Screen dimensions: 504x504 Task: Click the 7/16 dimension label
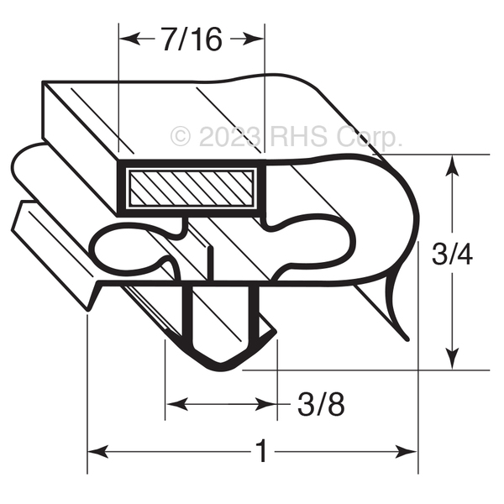point(192,39)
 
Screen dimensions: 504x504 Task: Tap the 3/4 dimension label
point(452,254)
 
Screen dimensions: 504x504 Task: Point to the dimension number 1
point(263,451)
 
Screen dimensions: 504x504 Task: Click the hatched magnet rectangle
point(192,187)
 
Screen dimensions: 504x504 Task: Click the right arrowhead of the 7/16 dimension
point(253,39)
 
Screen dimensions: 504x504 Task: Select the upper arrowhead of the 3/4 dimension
point(452,166)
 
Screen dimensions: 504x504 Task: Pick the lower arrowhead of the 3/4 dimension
point(452,358)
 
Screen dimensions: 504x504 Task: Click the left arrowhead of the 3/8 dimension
point(177,404)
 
